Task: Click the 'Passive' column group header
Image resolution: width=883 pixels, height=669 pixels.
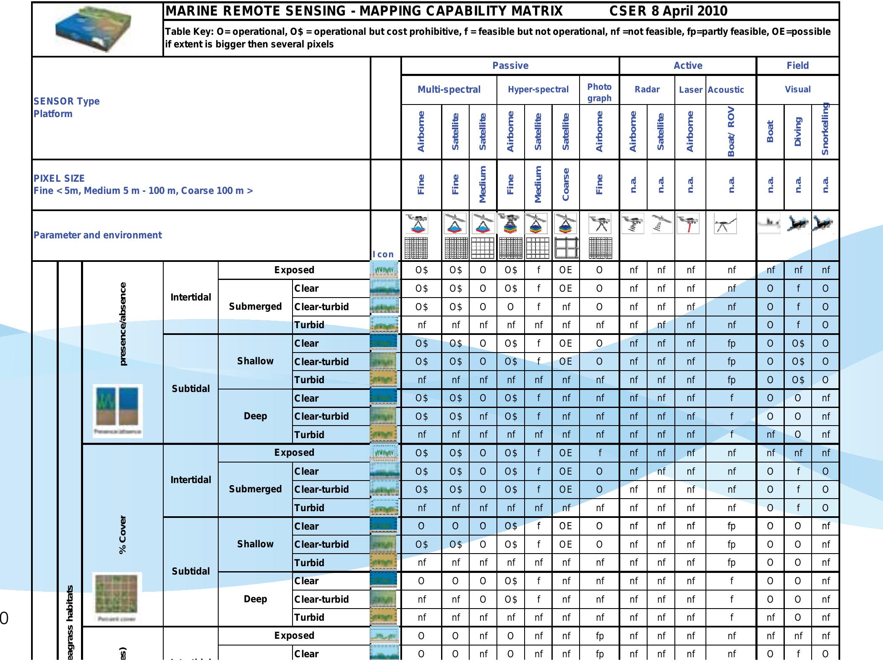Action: (x=510, y=65)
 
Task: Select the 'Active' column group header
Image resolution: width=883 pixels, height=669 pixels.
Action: (x=687, y=65)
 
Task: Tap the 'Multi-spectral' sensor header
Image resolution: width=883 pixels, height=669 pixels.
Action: (x=449, y=89)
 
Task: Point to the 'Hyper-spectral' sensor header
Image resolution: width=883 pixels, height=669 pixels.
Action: (x=538, y=89)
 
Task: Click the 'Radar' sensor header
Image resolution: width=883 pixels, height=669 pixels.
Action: (x=647, y=89)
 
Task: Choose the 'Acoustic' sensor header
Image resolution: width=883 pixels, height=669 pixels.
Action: (x=726, y=90)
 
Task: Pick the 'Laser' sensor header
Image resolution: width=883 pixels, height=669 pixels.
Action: (x=690, y=90)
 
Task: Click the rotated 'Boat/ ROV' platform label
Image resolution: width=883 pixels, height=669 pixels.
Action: (x=731, y=131)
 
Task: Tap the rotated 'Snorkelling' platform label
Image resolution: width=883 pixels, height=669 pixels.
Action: (x=825, y=129)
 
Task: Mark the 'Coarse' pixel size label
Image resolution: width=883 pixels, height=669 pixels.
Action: (x=565, y=185)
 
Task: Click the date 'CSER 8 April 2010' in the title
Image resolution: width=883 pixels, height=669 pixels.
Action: (x=668, y=11)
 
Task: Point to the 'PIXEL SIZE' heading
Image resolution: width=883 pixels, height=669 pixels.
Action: (x=59, y=178)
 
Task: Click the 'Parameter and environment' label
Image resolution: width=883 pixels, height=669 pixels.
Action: (x=97, y=235)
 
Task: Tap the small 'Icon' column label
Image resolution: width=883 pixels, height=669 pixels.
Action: (x=383, y=254)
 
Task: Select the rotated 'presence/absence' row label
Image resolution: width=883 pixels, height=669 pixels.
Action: (x=123, y=324)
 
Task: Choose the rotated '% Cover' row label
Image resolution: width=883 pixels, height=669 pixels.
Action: (x=123, y=534)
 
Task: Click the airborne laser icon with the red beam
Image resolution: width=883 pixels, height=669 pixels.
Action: (x=688, y=223)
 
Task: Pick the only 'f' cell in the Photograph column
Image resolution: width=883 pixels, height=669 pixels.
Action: (x=599, y=453)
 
